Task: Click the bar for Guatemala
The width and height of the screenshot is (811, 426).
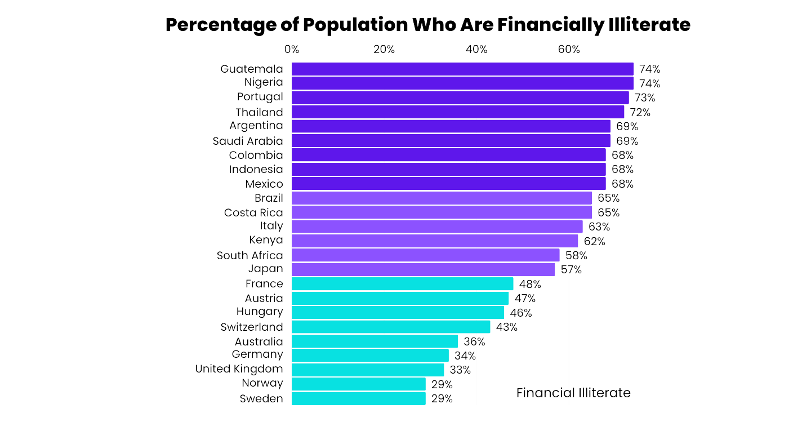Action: pos(462,69)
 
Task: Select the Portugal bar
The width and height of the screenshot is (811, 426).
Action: pos(460,97)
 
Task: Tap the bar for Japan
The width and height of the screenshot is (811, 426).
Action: pos(422,269)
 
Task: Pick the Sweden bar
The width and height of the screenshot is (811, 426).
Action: pos(358,398)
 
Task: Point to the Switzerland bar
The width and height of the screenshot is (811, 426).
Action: pos(390,327)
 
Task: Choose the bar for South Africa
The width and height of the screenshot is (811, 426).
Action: pos(425,255)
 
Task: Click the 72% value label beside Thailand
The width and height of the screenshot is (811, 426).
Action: pos(640,112)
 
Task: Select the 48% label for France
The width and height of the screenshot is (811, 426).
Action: pos(530,284)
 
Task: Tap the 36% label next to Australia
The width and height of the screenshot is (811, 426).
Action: pos(474,341)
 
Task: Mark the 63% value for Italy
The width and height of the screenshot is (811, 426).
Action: pos(599,227)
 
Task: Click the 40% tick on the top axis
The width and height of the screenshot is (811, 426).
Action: pos(476,50)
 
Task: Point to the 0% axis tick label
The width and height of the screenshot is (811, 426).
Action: pos(292,50)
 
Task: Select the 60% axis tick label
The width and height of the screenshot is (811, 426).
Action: pos(569,50)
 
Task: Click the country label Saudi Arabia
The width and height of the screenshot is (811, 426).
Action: pos(248,141)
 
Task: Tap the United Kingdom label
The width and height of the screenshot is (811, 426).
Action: pos(239,369)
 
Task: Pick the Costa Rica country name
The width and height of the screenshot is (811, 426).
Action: pos(253,212)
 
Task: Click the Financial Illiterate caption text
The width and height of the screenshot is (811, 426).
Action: pos(573,393)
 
